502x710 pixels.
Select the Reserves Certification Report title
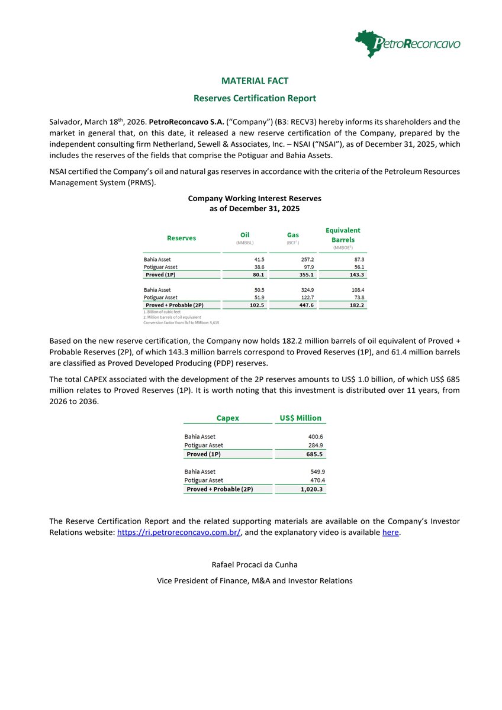point(255,98)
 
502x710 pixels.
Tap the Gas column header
point(293,235)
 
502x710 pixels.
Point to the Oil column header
point(244,235)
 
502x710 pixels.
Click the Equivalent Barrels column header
point(343,235)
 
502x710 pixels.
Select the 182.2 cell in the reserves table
point(356,305)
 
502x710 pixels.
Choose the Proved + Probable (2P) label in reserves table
point(175,305)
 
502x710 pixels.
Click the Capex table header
point(228,418)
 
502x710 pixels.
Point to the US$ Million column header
point(300,418)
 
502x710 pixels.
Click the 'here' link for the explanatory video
point(391,532)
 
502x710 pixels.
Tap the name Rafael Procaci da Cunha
point(255,564)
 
